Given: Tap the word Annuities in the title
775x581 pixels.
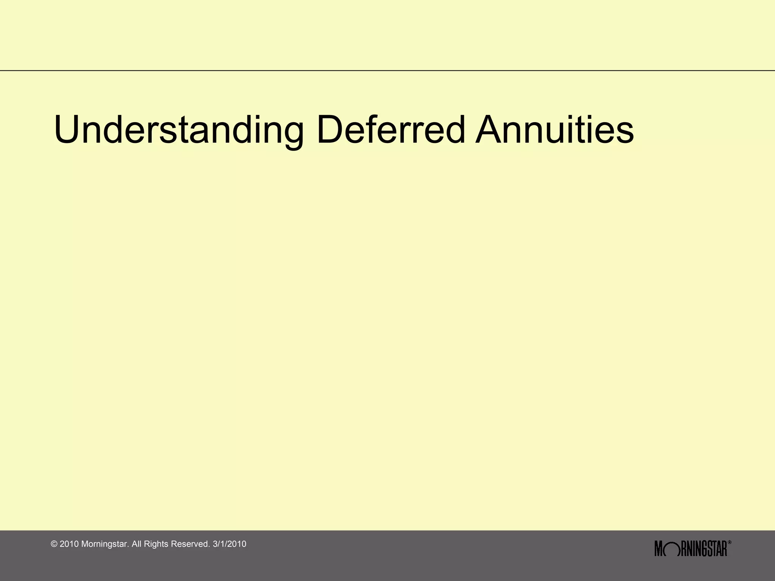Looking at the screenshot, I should click(554, 130).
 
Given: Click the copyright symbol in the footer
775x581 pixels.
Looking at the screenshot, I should click(54, 544).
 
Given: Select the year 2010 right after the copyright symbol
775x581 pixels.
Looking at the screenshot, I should click(69, 544).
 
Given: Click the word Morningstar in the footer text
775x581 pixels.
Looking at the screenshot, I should click(105, 544).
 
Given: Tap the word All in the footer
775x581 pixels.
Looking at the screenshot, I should click(137, 544).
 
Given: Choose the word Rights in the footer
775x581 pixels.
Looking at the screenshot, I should click(156, 544).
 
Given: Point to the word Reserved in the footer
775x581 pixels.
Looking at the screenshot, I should click(190, 544).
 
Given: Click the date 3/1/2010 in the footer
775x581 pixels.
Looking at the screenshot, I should click(229, 544).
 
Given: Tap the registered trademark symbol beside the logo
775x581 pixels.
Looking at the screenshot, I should click(730, 543).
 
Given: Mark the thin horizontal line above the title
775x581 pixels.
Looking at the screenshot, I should click(387, 71).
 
